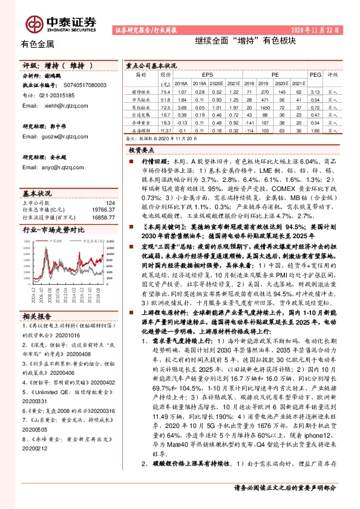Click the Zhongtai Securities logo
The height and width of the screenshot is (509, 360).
click(x=60, y=23)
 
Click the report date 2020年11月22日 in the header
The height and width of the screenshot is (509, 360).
click(x=315, y=29)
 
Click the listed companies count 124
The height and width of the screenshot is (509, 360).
click(x=110, y=203)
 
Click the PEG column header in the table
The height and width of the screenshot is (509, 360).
click(x=315, y=74)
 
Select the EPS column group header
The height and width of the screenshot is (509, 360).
click(x=208, y=74)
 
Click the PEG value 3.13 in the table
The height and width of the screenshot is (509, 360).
click(x=315, y=91)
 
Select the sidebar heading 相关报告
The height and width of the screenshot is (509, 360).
click(x=38, y=316)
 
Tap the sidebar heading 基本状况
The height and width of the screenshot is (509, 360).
click(x=38, y=193)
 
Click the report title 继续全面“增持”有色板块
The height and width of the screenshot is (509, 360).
click(x=245, y=41)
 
